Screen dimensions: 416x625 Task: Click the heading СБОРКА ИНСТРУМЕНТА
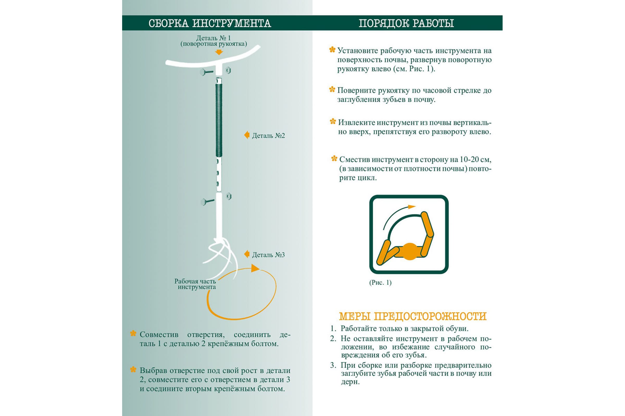[210, 23]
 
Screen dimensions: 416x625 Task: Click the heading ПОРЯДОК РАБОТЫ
[406, 23]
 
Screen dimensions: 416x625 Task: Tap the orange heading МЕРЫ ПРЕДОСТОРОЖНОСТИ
[413, 316]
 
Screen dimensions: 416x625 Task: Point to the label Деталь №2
[268, 136]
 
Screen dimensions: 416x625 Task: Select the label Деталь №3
[268, 255]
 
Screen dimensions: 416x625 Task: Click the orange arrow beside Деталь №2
[247, 135]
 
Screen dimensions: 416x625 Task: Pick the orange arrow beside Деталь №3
[247, 254]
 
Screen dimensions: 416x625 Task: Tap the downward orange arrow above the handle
[219, 52]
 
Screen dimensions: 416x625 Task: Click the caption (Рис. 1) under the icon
[380, 283]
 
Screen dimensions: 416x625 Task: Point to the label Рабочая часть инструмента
[195, 284]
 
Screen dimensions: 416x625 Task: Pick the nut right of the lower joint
[229, 196]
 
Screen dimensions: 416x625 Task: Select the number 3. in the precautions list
[333, 365]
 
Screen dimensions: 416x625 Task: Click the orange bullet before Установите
[332, 50]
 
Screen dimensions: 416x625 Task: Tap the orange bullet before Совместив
[133, 334]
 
